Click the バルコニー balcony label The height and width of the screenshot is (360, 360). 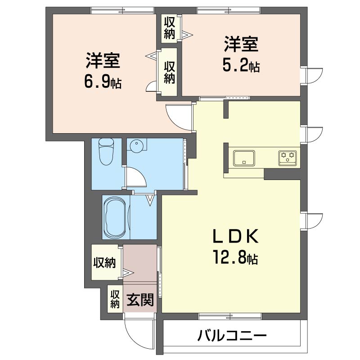(x=232, y=336)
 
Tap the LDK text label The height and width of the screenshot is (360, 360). (x=235, y=236)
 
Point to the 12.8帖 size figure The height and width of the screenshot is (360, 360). (x=235, y=258)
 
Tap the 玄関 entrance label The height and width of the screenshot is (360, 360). (x=139, y=300)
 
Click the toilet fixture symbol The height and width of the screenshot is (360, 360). (x=107, y=151)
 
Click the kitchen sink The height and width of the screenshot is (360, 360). (x=244, y=157)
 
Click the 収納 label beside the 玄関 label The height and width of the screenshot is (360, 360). (x=115, y=299)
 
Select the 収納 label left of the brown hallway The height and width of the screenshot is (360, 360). (x=104, y=262)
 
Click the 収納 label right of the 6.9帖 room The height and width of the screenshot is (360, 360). (x=169, y=72)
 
